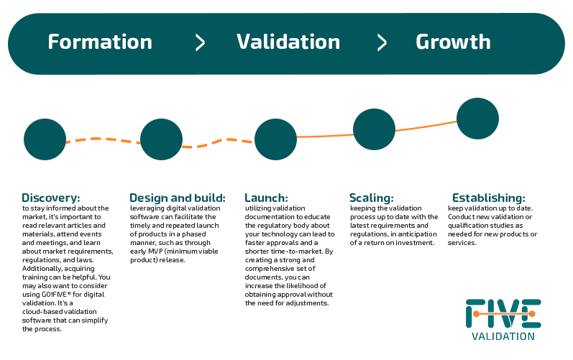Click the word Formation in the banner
[x=100, y=42]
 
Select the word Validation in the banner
[x=288, y=42]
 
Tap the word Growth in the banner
[x=453, y=42]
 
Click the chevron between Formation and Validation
[x=200, y=42]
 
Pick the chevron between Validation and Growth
[x=382, y=42]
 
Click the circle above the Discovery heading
[x=45, y=139]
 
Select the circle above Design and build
[x=161, y=139]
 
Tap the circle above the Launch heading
[x=275, y=139]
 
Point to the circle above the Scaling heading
[x=374, y=129]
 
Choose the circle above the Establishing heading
[x=477, y=119]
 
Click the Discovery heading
[x=51, y=198]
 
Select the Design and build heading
[x=178, y=198]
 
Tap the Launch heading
[x=267, y=198]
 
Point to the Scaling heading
[x=372, y=198]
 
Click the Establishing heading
[x=489, y=198]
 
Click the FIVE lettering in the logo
[x=503, y=313]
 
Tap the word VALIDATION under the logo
[x=503, y=336]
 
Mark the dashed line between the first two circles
[x=103, y=139]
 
